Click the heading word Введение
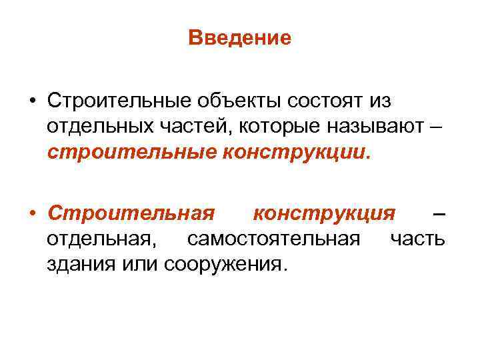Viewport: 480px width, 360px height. [x=240, y=38]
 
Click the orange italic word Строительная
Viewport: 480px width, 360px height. [x=131, y=214]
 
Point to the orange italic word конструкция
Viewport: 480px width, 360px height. [x=324, y=214]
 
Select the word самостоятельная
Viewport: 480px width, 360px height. [x=275, y=238]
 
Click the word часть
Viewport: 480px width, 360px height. [x=417, y=238]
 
